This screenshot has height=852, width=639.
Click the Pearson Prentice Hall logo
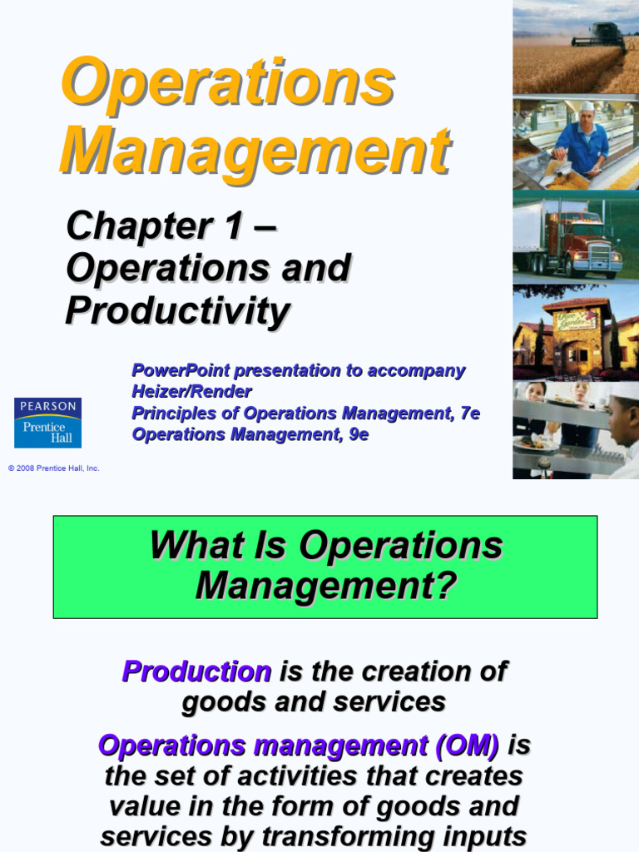pyautogui.click(x=47, y=422)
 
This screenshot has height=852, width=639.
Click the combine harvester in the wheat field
pyautogui.click(x=599, y=38)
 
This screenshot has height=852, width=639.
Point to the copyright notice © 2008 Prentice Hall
pyautogui.click(x=53, y=468)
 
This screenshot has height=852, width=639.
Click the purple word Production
pyautogui.click(x=196, y=671)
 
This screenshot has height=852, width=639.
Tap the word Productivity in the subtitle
pyautogui.click(x=178, y=311)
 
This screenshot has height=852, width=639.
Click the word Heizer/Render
pyautogui.click(x=191, y=391)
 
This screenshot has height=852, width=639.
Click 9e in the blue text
pyautogui.click(x=359, y=434)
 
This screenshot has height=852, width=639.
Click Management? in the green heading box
pyautogui.click(x=326, y=585)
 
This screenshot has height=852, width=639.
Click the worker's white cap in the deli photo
pyautogui.click(x=587, y=106)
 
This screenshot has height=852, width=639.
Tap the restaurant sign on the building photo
pyautogui.click(x=577, y=319)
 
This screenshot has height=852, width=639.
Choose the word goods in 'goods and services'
pyautogui.click(x=221, y=701)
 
